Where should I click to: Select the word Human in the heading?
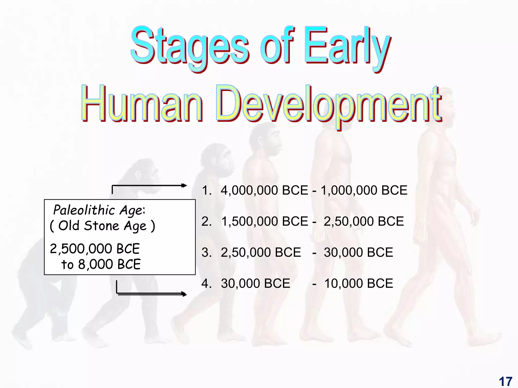click(142, 104)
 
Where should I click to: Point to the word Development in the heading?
click(329, 105)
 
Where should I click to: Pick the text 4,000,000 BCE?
click(264, 190)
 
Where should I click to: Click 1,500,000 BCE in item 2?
click(265, 221)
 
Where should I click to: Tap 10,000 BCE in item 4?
click(359, 283)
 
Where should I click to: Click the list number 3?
click(206, 252)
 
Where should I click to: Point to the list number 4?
click(206, 283)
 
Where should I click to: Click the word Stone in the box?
click(101, 226)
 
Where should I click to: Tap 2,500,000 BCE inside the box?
click(95, 249)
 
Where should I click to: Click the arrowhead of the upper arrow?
click(184, 186)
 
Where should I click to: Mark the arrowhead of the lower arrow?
click(184, 294)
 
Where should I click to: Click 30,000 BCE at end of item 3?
click(358, 252)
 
